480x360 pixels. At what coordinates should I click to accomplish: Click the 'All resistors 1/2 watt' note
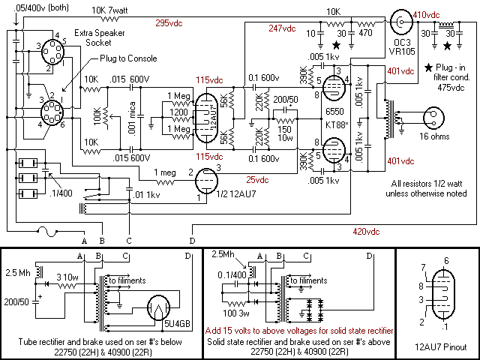(x=430, y=189)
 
